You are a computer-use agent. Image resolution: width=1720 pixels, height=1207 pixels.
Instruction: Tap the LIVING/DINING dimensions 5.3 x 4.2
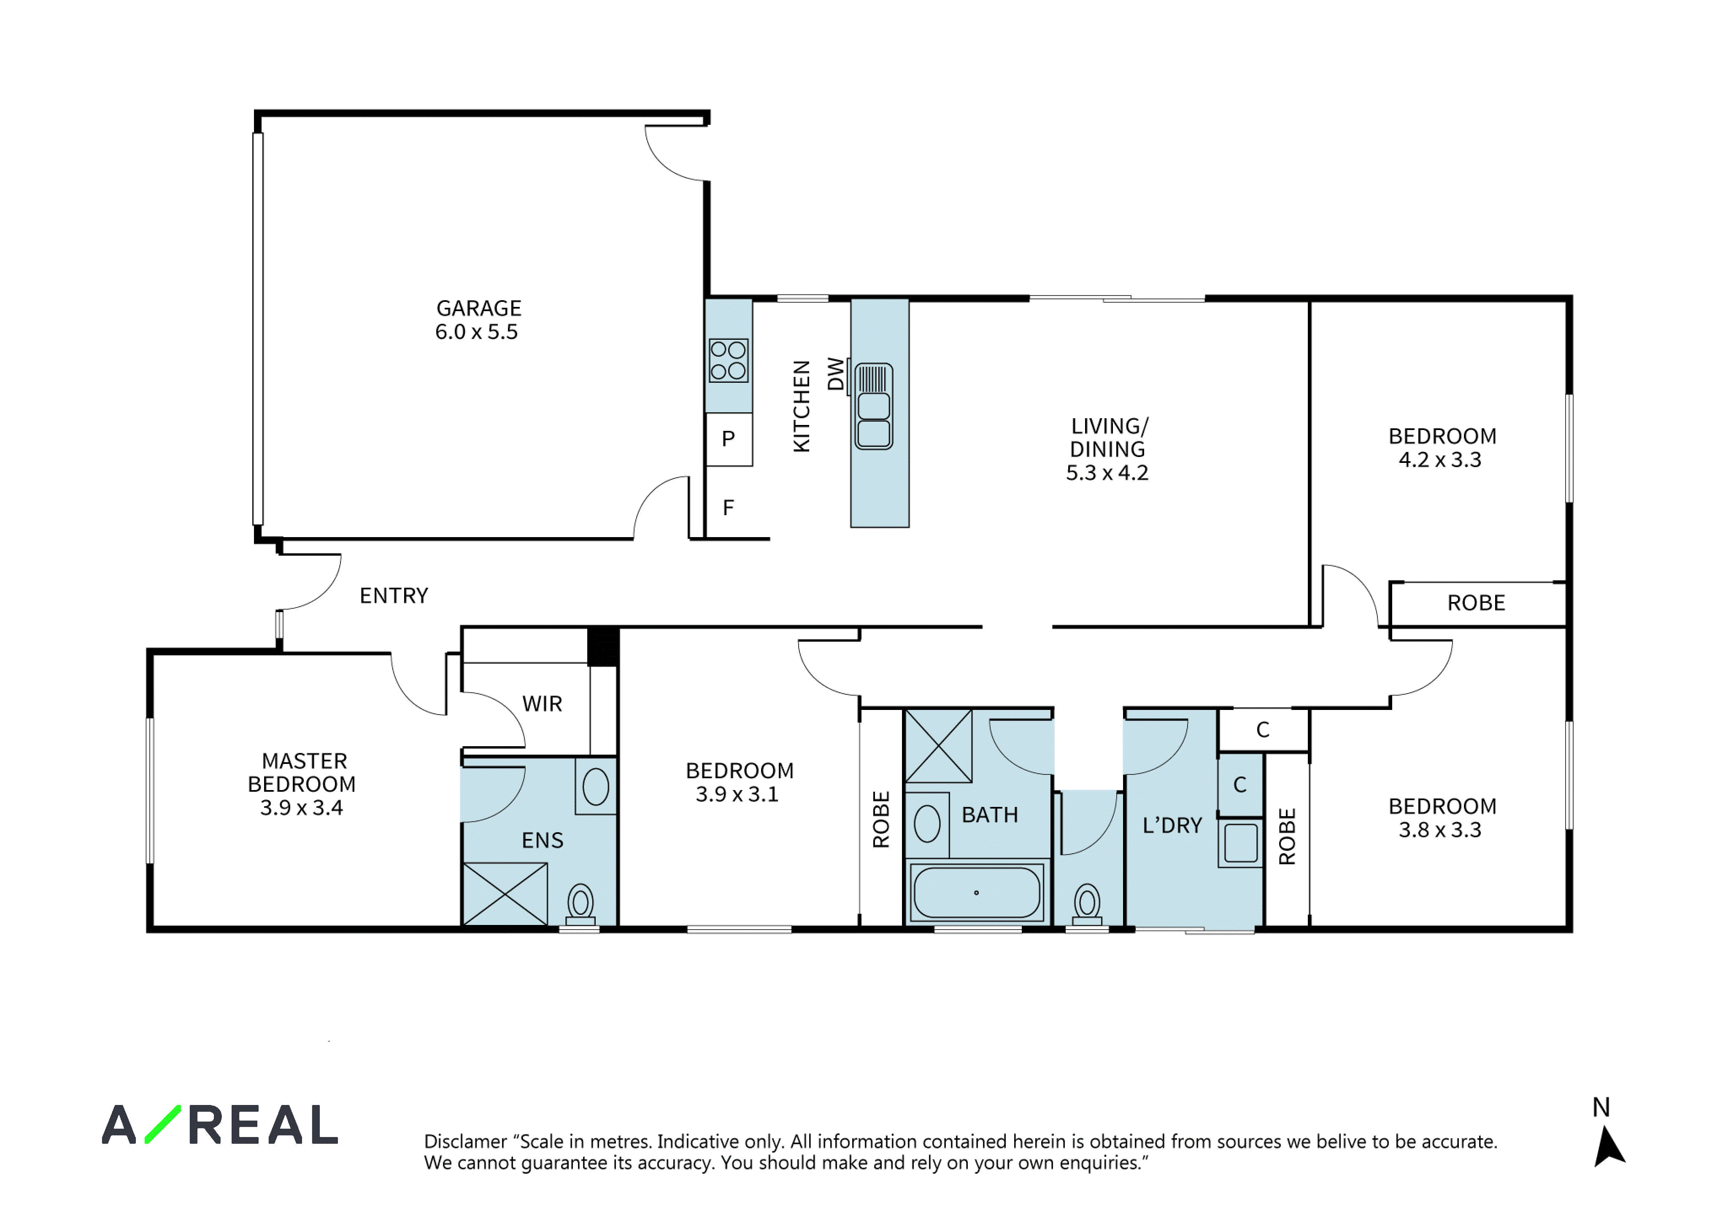tap(1107, 473)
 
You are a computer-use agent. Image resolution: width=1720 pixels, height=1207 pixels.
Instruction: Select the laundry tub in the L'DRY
tap(1241, 843)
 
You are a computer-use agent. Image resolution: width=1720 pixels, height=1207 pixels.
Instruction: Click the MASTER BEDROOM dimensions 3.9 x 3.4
tap(302, 808)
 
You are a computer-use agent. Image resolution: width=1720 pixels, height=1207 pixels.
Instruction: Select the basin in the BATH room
tap(927, 824)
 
